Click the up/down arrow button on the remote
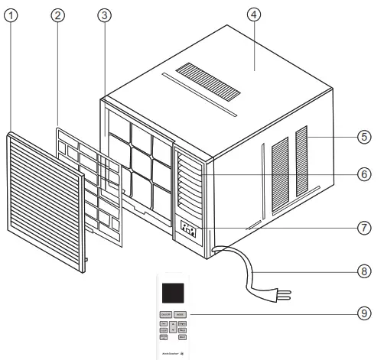pos(173,329)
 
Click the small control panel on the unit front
pos(187,229)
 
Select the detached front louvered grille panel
pos(45,202)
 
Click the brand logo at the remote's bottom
pos(171,352)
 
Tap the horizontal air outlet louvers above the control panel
pos(187,183)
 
